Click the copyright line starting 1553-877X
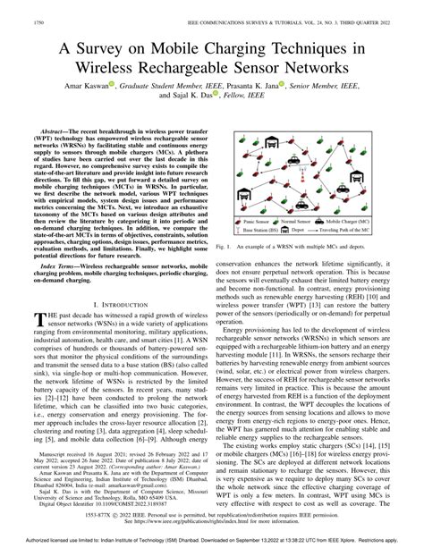(x=211, y=516)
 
